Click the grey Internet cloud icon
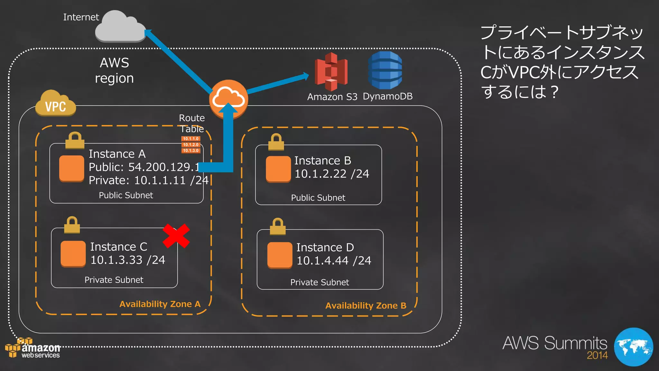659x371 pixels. pyautogui.click(x=120, y=27)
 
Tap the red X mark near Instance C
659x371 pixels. pyautogui.click(x=176, y=236)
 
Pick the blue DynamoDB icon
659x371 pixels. pyautogui.click(x=385, y=70)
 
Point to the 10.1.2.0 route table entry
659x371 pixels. pyautogui.click(x=191, y=145)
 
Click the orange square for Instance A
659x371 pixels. pyautogui.click(x=72, y=168)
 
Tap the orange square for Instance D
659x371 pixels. pyautogui.click(x=280, y=255)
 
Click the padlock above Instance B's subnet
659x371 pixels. pyautogui.click(x=276, y=142)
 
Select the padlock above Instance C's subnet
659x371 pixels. pyautogui.click(x=72, y=225)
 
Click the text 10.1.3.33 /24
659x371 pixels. pyautogui.click(x=128, y=260)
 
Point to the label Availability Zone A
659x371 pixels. pyautogui.click(x=160, y=304)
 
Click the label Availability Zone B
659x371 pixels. pyautogui.click(x=366, y=306)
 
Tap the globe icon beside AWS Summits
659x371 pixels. pyautogui.click(x=633, y=347)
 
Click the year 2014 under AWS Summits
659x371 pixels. pyautogui.click(x=597, y=355)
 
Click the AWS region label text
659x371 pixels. pyautogui.click(x=114, y=71)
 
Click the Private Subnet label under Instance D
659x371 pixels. pyautogui.click(x=320, y=282)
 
